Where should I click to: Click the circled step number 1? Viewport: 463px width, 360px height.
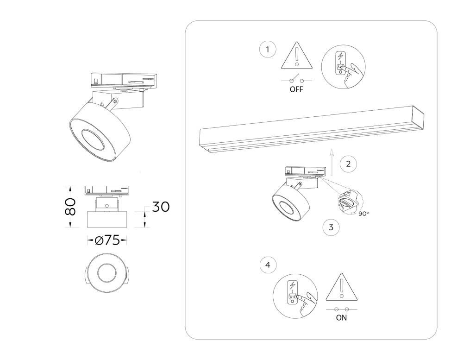pos(268,50)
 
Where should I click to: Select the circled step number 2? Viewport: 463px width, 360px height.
pos(348,164)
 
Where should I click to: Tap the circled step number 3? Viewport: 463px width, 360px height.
pos(331,227)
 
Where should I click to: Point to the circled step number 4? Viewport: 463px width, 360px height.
pos(268,265)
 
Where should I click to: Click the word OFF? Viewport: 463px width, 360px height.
pos(296,89)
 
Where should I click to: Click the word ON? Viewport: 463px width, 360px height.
pos(341,318)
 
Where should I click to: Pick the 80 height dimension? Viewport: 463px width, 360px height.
pos(70,206)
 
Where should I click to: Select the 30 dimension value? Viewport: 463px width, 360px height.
pos(161,207)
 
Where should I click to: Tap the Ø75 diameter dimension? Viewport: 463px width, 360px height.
pos(107,240)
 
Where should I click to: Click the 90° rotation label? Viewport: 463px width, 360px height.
pos(363,214)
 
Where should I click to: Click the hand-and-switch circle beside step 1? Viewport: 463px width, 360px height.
pos(343,67)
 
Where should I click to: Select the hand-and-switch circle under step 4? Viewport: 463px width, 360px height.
pos(295,296)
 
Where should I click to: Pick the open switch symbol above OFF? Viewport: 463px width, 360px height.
pos(296,79)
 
